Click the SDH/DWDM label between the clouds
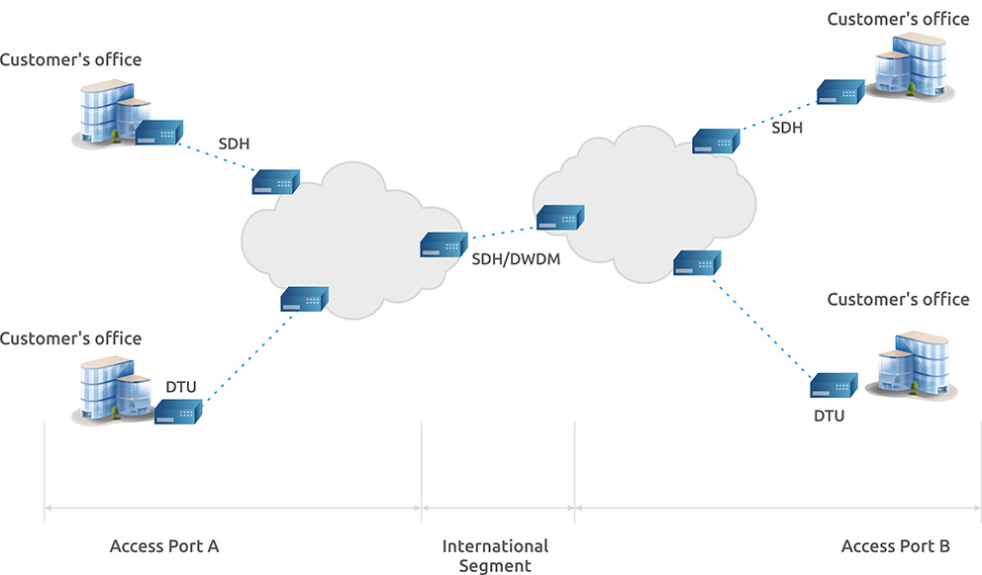(516, 259)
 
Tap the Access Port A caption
(164, 546)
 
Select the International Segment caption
(495, 555)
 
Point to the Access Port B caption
(896, 546)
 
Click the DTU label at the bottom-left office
(181, 387)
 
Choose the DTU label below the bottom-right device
(830, 416)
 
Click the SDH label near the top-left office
(234, 144)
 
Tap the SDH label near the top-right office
(787, 128)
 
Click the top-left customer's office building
(111, 113)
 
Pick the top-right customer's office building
(913, 66)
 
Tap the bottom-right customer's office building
(912, 365)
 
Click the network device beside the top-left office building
(159, 133)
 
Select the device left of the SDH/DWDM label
(444, 244)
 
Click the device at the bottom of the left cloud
(304, 300)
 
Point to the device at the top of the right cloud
(716, 141)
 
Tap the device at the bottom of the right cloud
(697, 263)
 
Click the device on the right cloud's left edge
(560, 218)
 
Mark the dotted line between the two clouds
(504, 233)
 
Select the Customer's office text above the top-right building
(898, 20)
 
